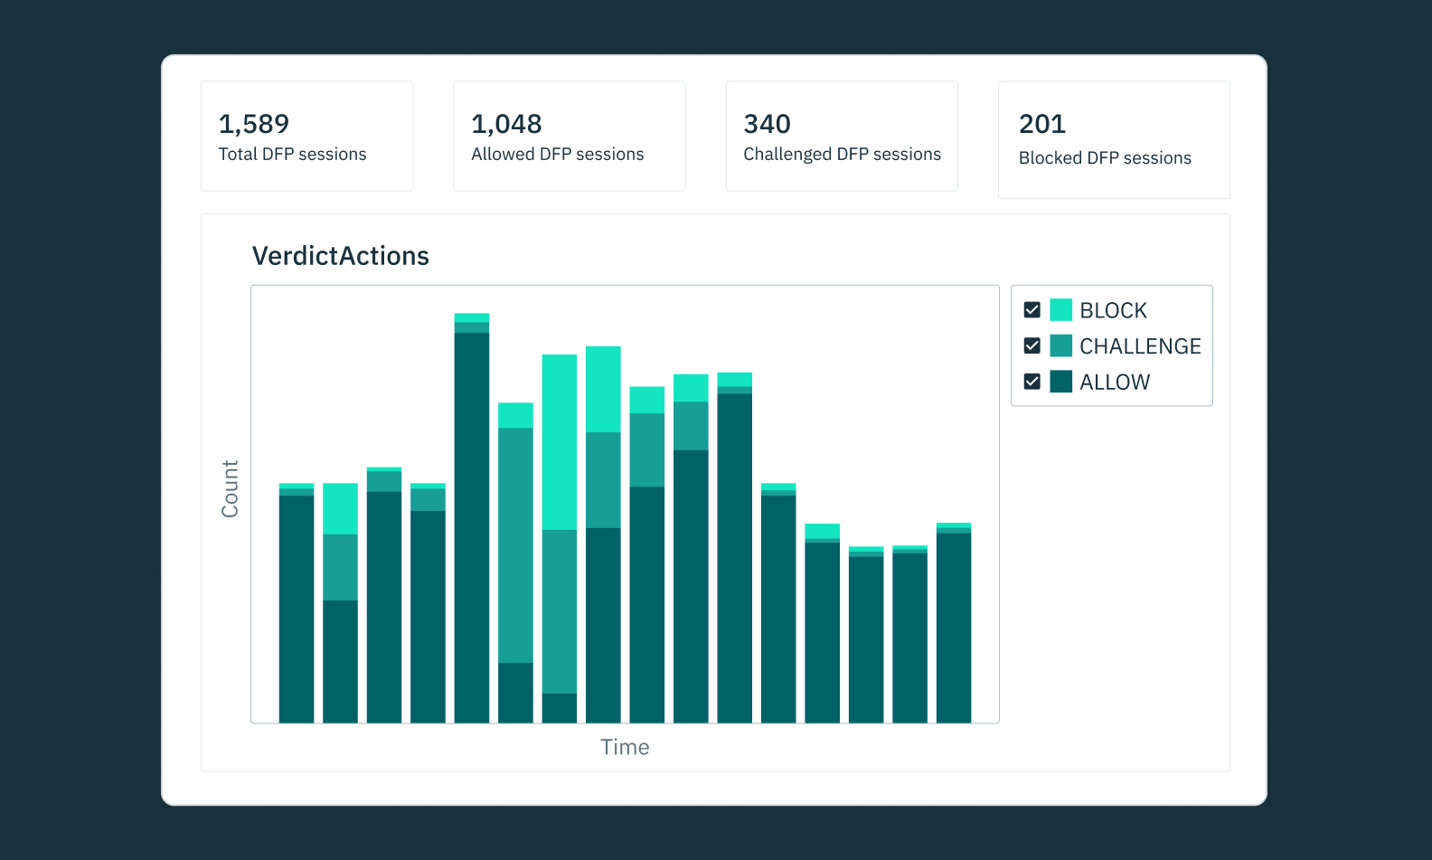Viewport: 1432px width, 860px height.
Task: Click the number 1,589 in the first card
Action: [x=254, y=124]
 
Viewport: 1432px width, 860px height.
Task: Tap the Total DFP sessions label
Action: [x=292, y=155]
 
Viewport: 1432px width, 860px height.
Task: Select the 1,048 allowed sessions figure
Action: [x=506, y=124]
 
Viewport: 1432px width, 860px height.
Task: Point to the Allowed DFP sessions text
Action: [x=557, y=155]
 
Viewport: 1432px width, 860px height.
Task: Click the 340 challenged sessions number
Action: [x=767, y=124]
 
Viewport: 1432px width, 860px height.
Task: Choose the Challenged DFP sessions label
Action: [x=842, y=155]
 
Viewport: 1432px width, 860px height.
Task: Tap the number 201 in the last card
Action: [x=1041, y=124]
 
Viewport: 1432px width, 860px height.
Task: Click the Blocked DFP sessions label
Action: [x=1105, y=158]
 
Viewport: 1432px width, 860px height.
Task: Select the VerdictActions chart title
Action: [x=340, y=256]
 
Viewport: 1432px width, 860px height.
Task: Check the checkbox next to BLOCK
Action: [x=1032, y=310]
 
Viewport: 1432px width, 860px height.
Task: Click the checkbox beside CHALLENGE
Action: [x=1032, y=345]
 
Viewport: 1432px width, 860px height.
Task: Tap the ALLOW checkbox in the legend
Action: [x=1032, y=382]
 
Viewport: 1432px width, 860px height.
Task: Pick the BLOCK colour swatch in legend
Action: [x=1060, y=310]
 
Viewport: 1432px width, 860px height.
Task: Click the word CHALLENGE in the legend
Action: [x=1139, y=346]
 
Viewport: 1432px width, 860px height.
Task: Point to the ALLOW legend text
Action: [x=1114, y=383]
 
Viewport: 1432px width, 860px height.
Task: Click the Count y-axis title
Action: [x=230, y=488]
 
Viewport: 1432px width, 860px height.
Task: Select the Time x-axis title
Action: [x=625, y=747]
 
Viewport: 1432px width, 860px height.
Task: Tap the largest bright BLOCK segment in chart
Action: [x=559, y=441]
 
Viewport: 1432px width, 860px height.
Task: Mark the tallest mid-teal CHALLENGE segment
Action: [x=515, y=545]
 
